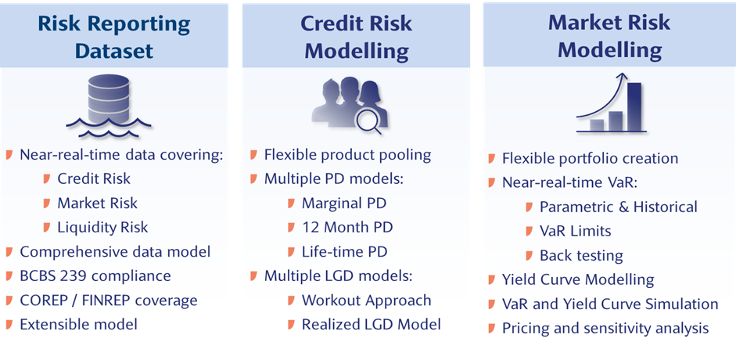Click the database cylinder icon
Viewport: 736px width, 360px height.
[x=109, y=99]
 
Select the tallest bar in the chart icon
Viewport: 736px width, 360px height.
[x=634, y=106]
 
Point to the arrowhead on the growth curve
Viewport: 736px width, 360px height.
[x=623, y=77]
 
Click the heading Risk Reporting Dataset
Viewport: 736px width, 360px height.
[x=114, y=37]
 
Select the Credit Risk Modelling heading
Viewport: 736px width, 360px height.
[x=356, y=37]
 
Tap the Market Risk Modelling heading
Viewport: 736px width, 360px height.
[x=609, y=36]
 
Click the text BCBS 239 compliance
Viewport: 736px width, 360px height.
[x=95, y=275]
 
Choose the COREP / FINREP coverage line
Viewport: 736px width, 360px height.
[x=109, y=300]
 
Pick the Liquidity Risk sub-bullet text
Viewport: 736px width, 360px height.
[x=102, y=227]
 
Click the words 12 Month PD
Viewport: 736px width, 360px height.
[x=347, y=227]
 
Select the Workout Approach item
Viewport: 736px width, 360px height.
[x=367, y=300]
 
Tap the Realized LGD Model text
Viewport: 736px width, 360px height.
[x=372, y=324]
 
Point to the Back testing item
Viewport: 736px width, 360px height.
[x=582, y=255]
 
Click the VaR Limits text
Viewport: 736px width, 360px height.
[x=576, y=231]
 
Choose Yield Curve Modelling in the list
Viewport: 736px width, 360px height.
[x=578, y=279]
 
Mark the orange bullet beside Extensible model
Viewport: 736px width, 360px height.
[x=9, y=324]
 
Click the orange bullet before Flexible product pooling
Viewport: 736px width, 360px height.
[x=253, y=154]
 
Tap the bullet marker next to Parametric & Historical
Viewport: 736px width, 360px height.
[x=529, y=207]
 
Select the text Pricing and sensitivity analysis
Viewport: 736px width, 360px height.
[x=605, y=328]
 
